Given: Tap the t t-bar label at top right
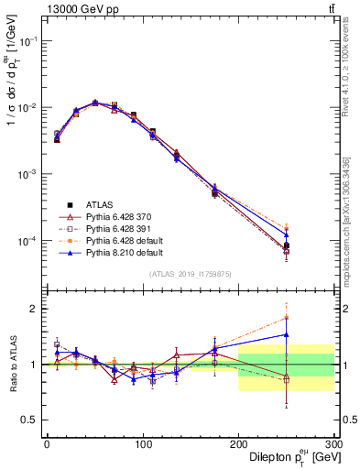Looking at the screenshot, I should [x=330, y=8].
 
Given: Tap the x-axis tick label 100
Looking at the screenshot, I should [x=142, y=442].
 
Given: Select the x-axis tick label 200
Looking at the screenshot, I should [x=238, y=442].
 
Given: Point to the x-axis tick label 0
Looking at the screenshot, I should [x=47, y=442].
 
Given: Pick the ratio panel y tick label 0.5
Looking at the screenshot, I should [x=28, y=420].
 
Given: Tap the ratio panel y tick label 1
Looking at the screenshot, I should [x=33, y=365].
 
